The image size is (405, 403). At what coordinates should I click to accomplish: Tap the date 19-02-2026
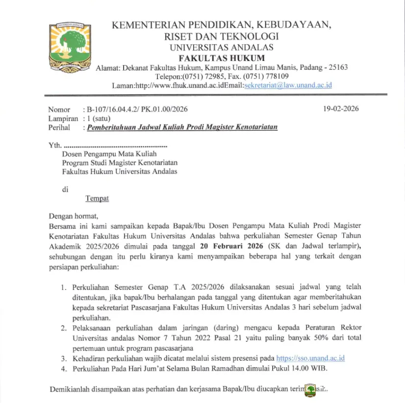tap(341, 109)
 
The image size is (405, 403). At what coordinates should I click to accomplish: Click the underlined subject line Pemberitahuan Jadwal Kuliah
tap(182, 127)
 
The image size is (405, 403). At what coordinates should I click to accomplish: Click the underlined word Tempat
tap(97, 198)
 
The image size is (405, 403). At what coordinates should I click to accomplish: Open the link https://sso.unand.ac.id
tap(310, 358)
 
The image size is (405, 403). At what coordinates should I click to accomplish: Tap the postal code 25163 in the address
tap(337, 67)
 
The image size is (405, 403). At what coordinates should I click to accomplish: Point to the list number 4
tap(63, 369)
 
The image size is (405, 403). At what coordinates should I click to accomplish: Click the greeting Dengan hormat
tap(74, 215)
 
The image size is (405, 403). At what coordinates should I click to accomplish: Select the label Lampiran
tap(63, 118)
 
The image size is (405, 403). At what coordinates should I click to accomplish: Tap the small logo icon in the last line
tap(311, 390)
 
